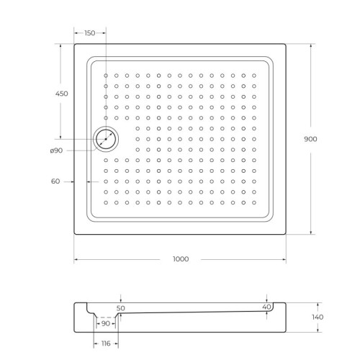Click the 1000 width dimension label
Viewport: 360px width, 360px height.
[180, 258]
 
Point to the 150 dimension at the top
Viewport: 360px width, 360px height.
[90, 33]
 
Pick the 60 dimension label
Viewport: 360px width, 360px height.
[55, 181]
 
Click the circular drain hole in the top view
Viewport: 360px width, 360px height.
[105, 139]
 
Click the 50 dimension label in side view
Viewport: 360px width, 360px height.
[121, 307]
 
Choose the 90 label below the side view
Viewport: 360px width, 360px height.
[107, 323]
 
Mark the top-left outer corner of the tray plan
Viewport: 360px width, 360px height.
[74, 44]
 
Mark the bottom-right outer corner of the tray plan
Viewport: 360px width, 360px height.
[286, 235]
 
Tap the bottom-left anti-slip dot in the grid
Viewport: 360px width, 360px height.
[105, 203]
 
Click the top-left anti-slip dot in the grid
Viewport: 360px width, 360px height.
[105, 74]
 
